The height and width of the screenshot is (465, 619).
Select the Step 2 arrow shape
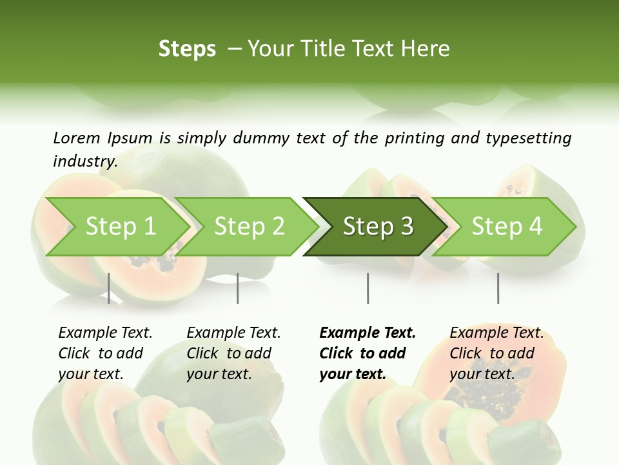coord(249,226)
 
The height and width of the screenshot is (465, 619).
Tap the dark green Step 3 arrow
coord(378,226)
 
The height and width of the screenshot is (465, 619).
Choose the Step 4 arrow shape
coord(507,226)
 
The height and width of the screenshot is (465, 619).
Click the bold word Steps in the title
coord(187,49)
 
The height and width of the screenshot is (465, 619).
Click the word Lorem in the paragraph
coord(77,138)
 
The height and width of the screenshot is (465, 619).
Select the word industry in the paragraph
coord(84,161)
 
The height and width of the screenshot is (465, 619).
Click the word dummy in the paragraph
coord(269,138)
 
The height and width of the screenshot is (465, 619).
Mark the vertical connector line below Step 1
coord(109,288)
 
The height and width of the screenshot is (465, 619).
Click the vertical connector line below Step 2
coord(238,288)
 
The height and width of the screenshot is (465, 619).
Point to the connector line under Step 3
coord(368,288)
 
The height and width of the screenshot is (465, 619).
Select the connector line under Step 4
coord(498,288)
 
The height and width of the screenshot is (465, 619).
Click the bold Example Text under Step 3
coord(368,333)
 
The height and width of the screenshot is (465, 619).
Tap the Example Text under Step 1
coord(105,333)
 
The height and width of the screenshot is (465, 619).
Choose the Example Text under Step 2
coord(233,333)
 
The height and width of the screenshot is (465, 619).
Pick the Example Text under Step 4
coord(496,333)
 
